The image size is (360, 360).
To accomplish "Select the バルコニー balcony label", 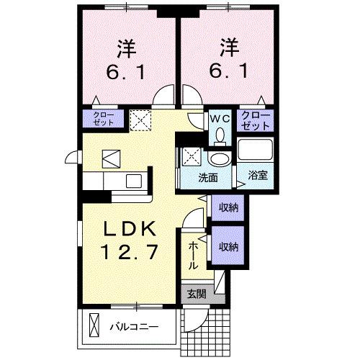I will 133,326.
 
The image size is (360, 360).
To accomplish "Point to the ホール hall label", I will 193,256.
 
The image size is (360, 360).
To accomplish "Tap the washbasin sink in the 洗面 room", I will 217,159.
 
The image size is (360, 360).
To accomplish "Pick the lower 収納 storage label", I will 229,247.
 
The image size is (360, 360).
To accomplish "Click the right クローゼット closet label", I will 256,120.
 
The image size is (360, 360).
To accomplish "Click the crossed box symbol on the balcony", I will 92,325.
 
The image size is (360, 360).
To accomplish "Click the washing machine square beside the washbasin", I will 192,155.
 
